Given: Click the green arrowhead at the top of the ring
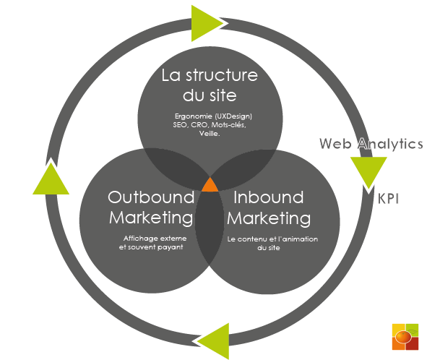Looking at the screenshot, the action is point(204,23).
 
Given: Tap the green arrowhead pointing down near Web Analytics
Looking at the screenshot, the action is point(368,171).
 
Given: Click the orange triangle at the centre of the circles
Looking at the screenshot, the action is point(210,185).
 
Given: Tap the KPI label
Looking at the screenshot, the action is point(388,199).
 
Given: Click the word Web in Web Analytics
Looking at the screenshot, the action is point(335,143).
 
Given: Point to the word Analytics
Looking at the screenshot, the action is point(390,144).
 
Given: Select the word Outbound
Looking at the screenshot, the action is point(151,197).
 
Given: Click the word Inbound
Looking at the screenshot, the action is point(269,197).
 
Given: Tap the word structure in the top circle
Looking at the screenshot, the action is point(222,75).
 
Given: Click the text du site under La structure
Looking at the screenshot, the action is point(210,95).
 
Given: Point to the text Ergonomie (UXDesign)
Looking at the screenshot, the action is point(213,116).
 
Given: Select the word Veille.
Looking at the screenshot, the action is point(210,134).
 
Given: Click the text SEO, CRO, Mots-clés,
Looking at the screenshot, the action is point(210,125).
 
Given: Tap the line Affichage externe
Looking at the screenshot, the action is point(155,239).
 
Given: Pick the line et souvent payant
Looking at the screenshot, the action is point(151,247).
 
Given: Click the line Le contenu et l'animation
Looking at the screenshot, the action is point(272,239).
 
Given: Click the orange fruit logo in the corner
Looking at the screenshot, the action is point(405,337).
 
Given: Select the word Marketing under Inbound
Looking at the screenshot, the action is point(269,218).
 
